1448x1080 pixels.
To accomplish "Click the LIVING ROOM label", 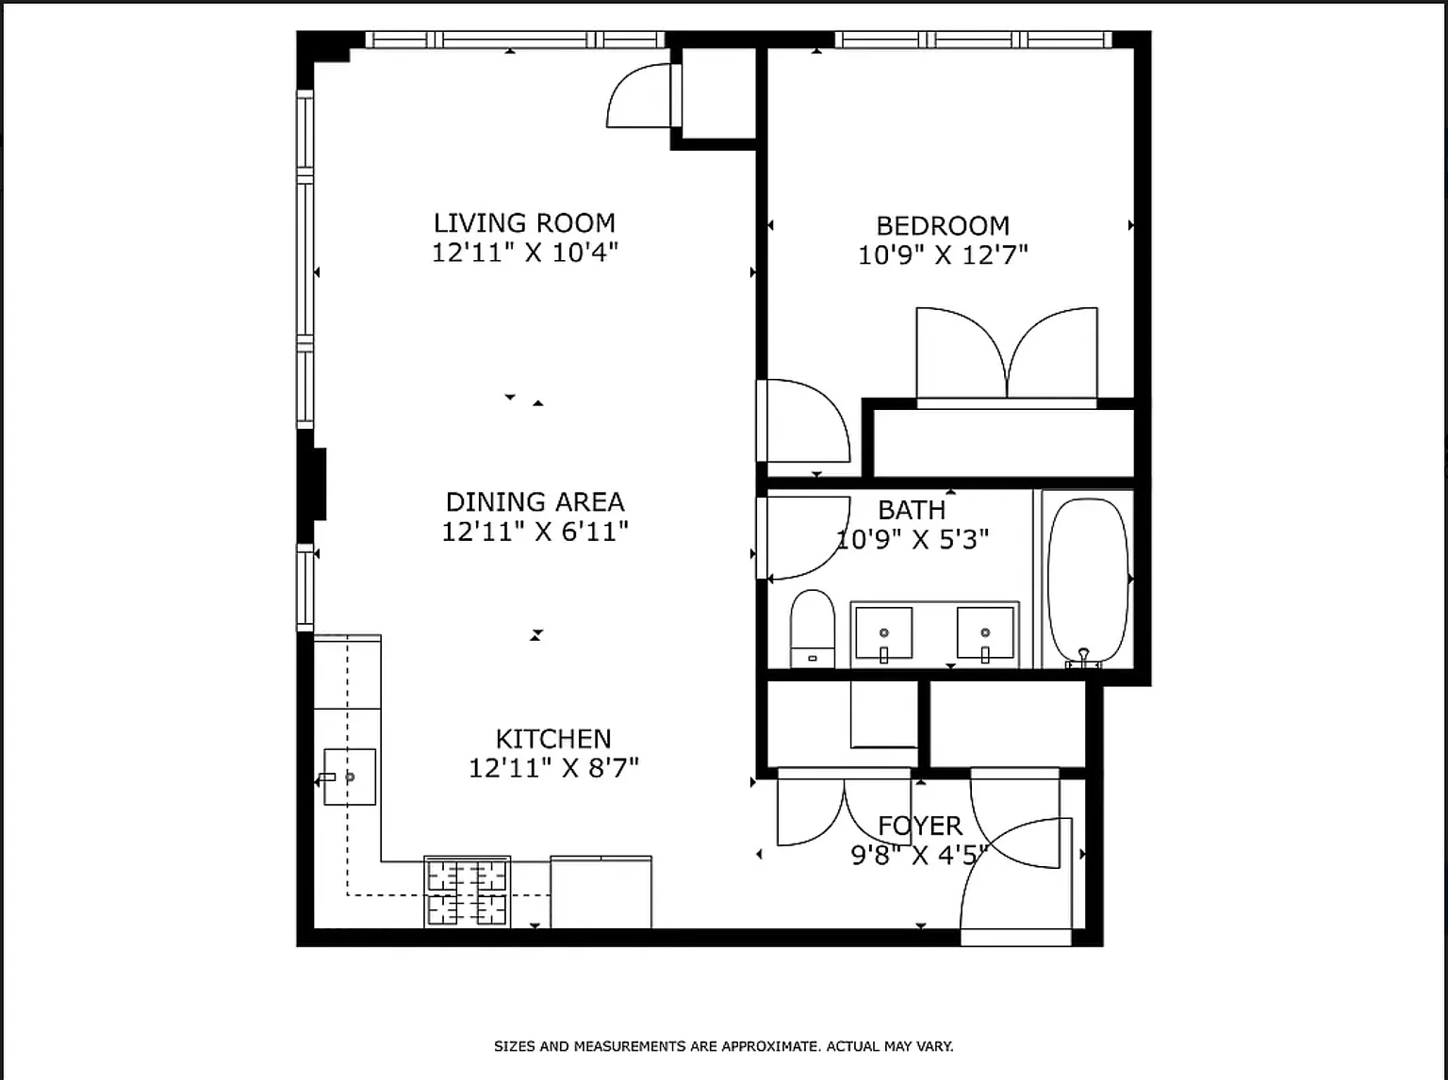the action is [524, 222].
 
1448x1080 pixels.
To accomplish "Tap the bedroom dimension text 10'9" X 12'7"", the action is [943, 254].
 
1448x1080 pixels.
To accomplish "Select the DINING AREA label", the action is [535, 501].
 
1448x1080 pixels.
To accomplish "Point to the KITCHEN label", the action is [553, 739].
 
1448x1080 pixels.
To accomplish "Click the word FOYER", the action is [919, 826].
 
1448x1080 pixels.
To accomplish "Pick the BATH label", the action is [912, 510].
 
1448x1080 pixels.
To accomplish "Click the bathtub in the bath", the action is [1088, 581].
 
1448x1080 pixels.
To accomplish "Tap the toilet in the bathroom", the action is [812, 629].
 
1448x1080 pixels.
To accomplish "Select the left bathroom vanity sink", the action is [884, 633].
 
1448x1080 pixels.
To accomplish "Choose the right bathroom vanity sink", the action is [985, 633].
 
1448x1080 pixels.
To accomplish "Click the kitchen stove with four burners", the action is [467, 892].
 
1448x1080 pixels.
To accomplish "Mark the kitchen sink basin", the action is [350, 777].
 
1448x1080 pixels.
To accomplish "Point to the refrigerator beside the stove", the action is [601, 892].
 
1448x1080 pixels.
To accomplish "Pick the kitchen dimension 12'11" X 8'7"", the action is [553, 768].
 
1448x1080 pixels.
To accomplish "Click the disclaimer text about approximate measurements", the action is [724, 1046].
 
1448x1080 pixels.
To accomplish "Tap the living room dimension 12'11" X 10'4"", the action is [524, 253].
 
